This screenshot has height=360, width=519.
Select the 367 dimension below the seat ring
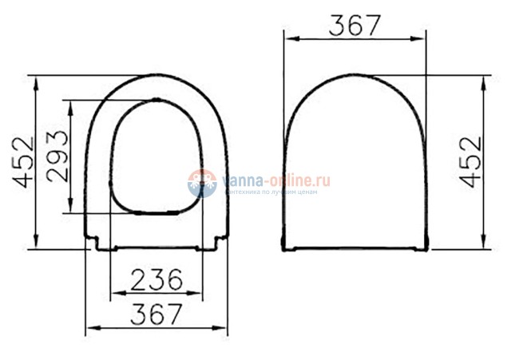coord(156,314)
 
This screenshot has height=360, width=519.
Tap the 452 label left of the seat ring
coord(24,162)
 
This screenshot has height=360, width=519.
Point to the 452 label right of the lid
coord(472,162)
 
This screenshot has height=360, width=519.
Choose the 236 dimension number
coord(156,279)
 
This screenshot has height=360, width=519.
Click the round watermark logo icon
coord(202,183)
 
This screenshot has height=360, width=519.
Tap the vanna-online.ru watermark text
coord(275,180)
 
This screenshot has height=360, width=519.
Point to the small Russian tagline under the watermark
coord(271,192)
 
